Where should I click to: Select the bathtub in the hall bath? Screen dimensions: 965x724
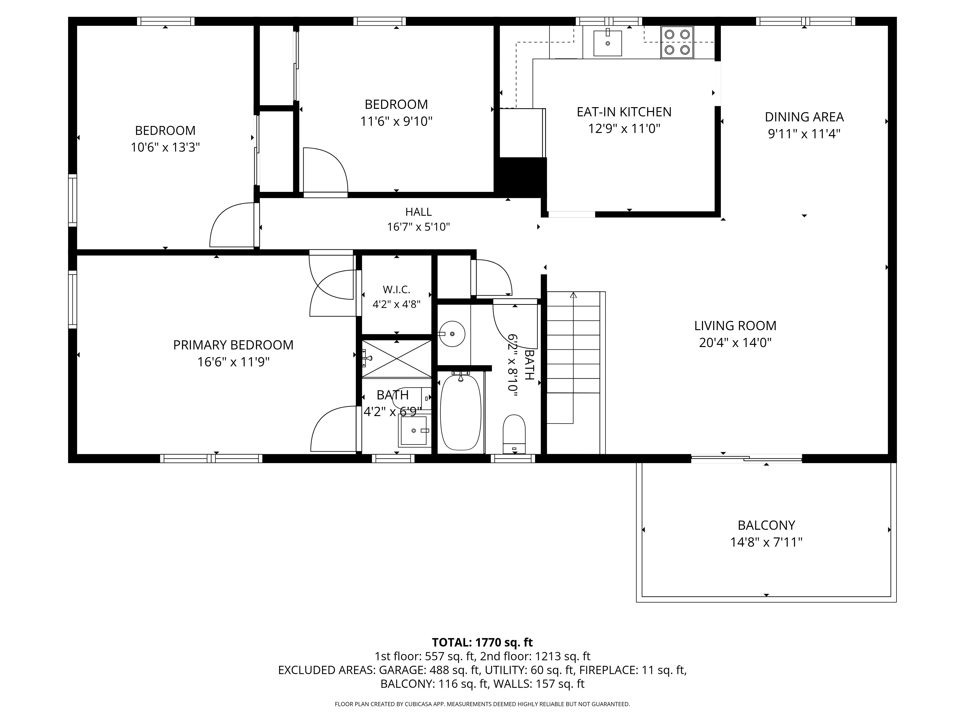click(x=461, y=412)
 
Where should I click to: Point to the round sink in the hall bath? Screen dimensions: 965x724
click(x=452, y=334)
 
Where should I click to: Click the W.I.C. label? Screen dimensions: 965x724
click(x=396, y=289)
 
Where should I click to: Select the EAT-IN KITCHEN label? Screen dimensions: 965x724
click(x=624, y=112)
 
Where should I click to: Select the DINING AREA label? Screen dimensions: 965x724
click(x=804, y=117)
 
